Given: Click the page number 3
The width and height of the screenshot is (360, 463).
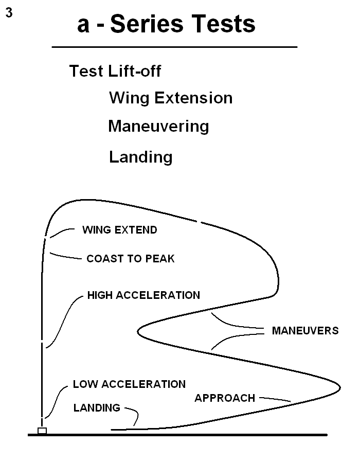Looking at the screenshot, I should (x=9, y=13).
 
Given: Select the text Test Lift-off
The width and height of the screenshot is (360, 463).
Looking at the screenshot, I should (x=115, y=71).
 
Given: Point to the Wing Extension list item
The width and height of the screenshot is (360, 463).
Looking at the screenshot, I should (x=170, y=98).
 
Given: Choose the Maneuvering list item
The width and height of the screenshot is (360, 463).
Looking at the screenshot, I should (x=158, y=126).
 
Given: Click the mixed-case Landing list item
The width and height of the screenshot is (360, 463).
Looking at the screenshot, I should (x=140, y=156).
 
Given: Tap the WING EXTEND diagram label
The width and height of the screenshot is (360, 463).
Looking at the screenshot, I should (x=119, y=230).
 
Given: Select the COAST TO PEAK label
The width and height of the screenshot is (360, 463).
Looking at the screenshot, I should (x=131, y=259).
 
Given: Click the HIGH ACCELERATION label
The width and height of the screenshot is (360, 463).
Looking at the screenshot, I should (x=143, y=295).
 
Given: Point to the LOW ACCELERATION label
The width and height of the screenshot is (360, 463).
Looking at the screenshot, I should (x=129, y=384).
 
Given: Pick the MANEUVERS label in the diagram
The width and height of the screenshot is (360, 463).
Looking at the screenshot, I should (x=305, y=331).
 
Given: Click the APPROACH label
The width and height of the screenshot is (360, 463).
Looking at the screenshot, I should (x=225, y=398).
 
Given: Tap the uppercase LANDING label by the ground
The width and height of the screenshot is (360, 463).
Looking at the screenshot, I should (x=97, y=408).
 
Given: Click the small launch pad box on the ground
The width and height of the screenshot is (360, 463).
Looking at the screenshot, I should (x=42, y=430).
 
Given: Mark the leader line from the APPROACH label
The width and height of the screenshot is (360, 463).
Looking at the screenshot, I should (x=275, y=399).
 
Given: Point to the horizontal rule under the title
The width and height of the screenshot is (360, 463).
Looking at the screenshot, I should (x=174, y=47).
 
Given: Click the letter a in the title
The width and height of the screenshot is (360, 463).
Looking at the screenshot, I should (x=83, y=25).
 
